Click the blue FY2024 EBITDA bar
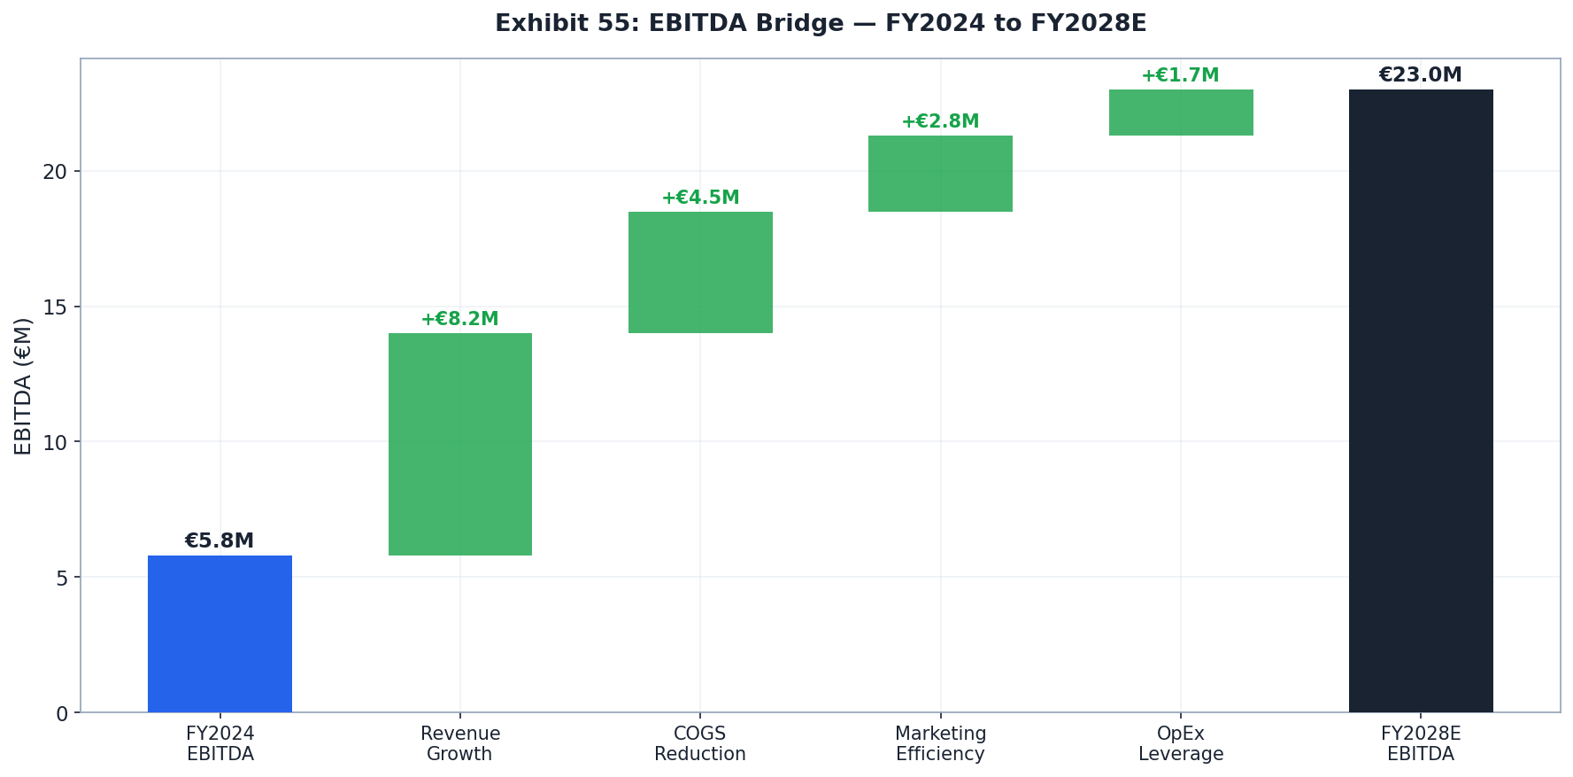pos(220,633)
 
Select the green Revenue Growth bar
pos(460,444)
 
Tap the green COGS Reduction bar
pos(700,272)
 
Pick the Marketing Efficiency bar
pos(940,174)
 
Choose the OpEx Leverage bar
pos(1181,113)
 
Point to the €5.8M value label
pos(220,541)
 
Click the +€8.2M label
pos(459,320)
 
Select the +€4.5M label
pos(700,198)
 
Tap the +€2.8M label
pos(940,122)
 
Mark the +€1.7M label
pos(1180,76)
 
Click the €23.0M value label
pos(1420,75)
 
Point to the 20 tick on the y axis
pos(55,172)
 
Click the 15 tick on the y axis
pos(55,307)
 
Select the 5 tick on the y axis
pos(61,579)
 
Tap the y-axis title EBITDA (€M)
pos(24,386)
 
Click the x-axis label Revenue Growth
pos(460,744)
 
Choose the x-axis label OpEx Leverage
pos(1181,744)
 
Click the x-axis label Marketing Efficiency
pos(940,744)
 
